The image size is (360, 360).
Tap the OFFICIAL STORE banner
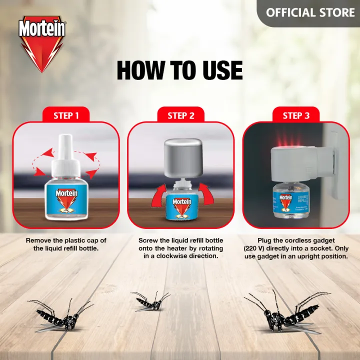[310, 12]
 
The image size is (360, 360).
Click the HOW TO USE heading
[179, 71]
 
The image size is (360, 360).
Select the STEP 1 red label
[66, 115]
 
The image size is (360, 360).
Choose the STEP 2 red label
[180, 115]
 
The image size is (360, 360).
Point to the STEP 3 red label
[295, 115]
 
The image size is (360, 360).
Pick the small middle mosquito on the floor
[150, 302]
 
